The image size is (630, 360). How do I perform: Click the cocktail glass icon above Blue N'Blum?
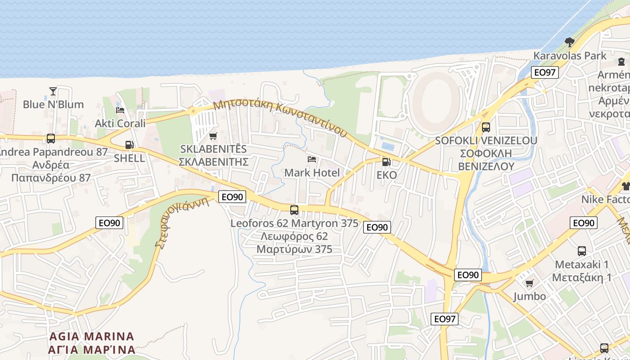(x=53, y=91)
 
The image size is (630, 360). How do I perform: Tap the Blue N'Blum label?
(x=53, y=104)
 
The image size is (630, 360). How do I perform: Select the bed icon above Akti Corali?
(x=120, y=110)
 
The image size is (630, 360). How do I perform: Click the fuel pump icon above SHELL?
(x=129, y=145)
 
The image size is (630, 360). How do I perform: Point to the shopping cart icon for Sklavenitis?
(x=213, y=136)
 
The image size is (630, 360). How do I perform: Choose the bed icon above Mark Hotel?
(x=312, y=159)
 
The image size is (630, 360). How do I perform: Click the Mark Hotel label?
(x=312, y=173)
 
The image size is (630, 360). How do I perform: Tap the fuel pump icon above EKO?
(x=386, y=162)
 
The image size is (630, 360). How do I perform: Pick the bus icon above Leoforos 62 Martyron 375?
(x=294, y=210)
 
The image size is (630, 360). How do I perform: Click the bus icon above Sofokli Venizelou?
(x=486, y=127)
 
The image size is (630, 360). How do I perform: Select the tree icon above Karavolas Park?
(x=570, y=42)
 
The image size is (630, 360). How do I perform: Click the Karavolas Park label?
(x=570, y=56)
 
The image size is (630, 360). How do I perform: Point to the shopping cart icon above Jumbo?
(x=530, y=283)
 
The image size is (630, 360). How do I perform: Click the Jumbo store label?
(x=530, y=296)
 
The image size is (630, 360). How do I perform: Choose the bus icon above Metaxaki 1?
(x=582, y=251)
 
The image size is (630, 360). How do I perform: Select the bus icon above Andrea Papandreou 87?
(x=51, y=139)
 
